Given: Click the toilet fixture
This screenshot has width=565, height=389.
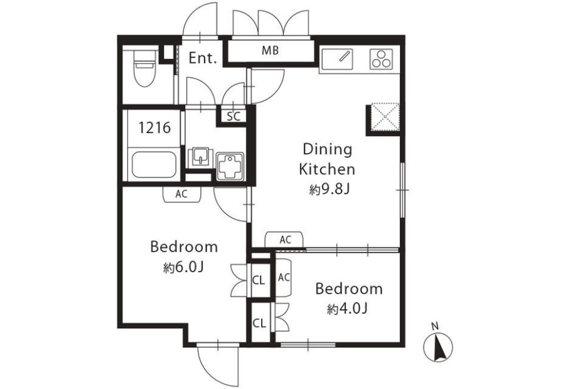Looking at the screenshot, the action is click(144, 68).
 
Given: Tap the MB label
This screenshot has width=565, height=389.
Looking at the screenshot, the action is click(270, 50).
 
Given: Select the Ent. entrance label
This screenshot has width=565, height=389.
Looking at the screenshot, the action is click(203, 58).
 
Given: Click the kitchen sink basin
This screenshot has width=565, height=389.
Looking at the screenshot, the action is click(337, 59).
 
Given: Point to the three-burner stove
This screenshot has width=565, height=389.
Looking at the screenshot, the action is click(381, 59).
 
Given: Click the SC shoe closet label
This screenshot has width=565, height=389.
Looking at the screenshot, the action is click(234, 116).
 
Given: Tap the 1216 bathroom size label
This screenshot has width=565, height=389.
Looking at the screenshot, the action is click(154, 127).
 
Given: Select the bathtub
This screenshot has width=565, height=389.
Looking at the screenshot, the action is click(154, 164).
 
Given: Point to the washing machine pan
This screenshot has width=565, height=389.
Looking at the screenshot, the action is click(230, 166).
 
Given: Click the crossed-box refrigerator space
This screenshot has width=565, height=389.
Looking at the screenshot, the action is click(385, 117).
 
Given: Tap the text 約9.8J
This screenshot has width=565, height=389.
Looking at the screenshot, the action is click(330, 189).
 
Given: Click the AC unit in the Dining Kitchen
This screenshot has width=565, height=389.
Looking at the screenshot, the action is click(284, 240).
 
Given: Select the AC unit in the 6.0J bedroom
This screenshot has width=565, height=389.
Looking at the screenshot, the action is click(181, 194).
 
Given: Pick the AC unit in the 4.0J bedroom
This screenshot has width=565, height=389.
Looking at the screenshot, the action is click(283, 277).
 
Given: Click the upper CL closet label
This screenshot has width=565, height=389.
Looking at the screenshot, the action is click(259, 280).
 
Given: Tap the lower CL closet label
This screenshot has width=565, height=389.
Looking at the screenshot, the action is click(259, 323).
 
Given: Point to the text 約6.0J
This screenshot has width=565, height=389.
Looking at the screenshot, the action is click(184, 267).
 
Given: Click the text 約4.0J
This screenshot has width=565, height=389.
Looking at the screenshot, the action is click(347, 309).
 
